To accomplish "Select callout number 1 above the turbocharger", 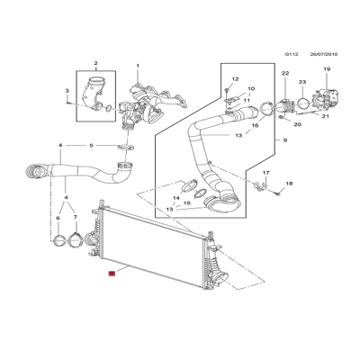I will (138, 66).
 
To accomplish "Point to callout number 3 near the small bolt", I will (66, 92).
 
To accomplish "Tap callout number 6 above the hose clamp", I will (59, 218).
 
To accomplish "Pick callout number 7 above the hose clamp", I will (75, 218).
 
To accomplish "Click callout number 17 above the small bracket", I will (265, 172).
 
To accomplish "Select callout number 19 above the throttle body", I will (327, 69).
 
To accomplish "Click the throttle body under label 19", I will (326, 96).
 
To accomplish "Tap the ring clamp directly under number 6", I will (60, 240).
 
